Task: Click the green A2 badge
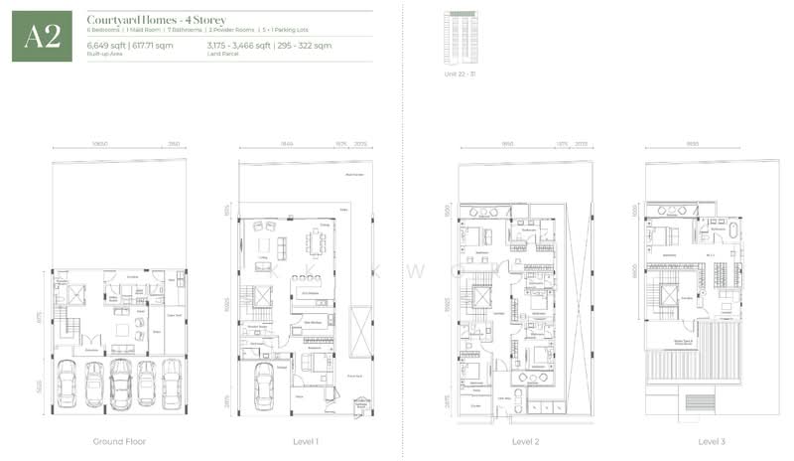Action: tap(42, 37)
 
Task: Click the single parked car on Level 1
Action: tap(265, 384)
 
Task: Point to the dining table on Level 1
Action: tap(318, 241)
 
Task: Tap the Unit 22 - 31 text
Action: tap(459, 75)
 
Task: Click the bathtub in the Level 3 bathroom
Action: tap(733, 230)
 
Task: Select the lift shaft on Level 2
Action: tap(482, 297)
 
